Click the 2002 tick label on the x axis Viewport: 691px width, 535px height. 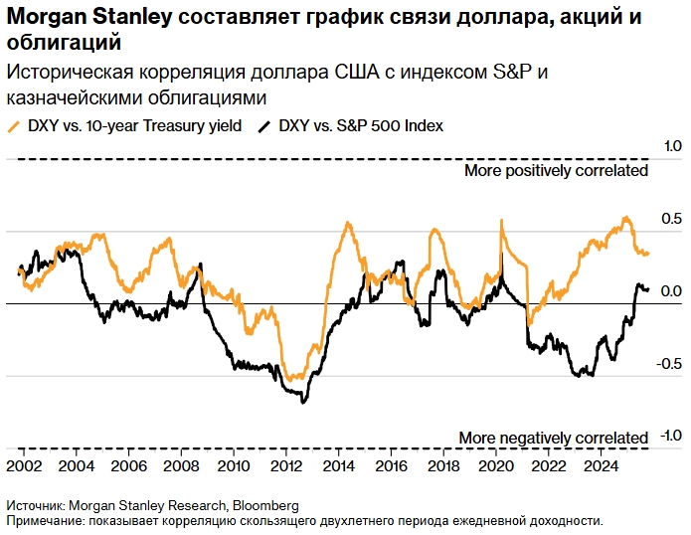coord(25,464)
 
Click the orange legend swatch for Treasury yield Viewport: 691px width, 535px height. coord(13,126)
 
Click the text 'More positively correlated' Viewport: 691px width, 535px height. coord(556,170)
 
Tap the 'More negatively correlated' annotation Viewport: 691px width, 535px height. coord(553,438)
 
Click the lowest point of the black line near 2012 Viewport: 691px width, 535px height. coord(302,402)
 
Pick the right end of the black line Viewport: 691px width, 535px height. coord(648,289)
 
